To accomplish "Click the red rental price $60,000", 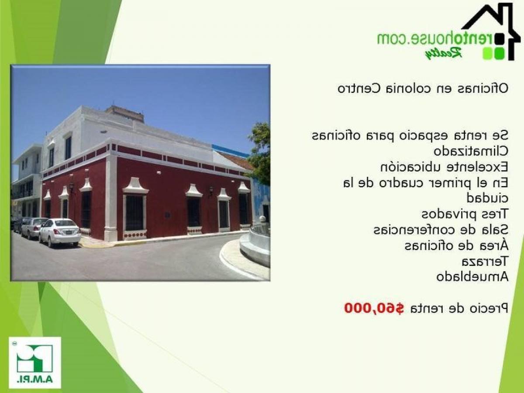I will [x=374, y=308].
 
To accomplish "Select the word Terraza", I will [x=485, y=261].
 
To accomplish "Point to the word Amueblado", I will [x=472, y=276].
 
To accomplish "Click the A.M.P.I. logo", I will [x=35, y=362].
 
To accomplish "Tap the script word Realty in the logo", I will [x=443, y=53].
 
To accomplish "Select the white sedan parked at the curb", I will [x=60, y=232].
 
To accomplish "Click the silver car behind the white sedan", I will [x=33, y=228].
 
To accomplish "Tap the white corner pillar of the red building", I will [x=111, y=196].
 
